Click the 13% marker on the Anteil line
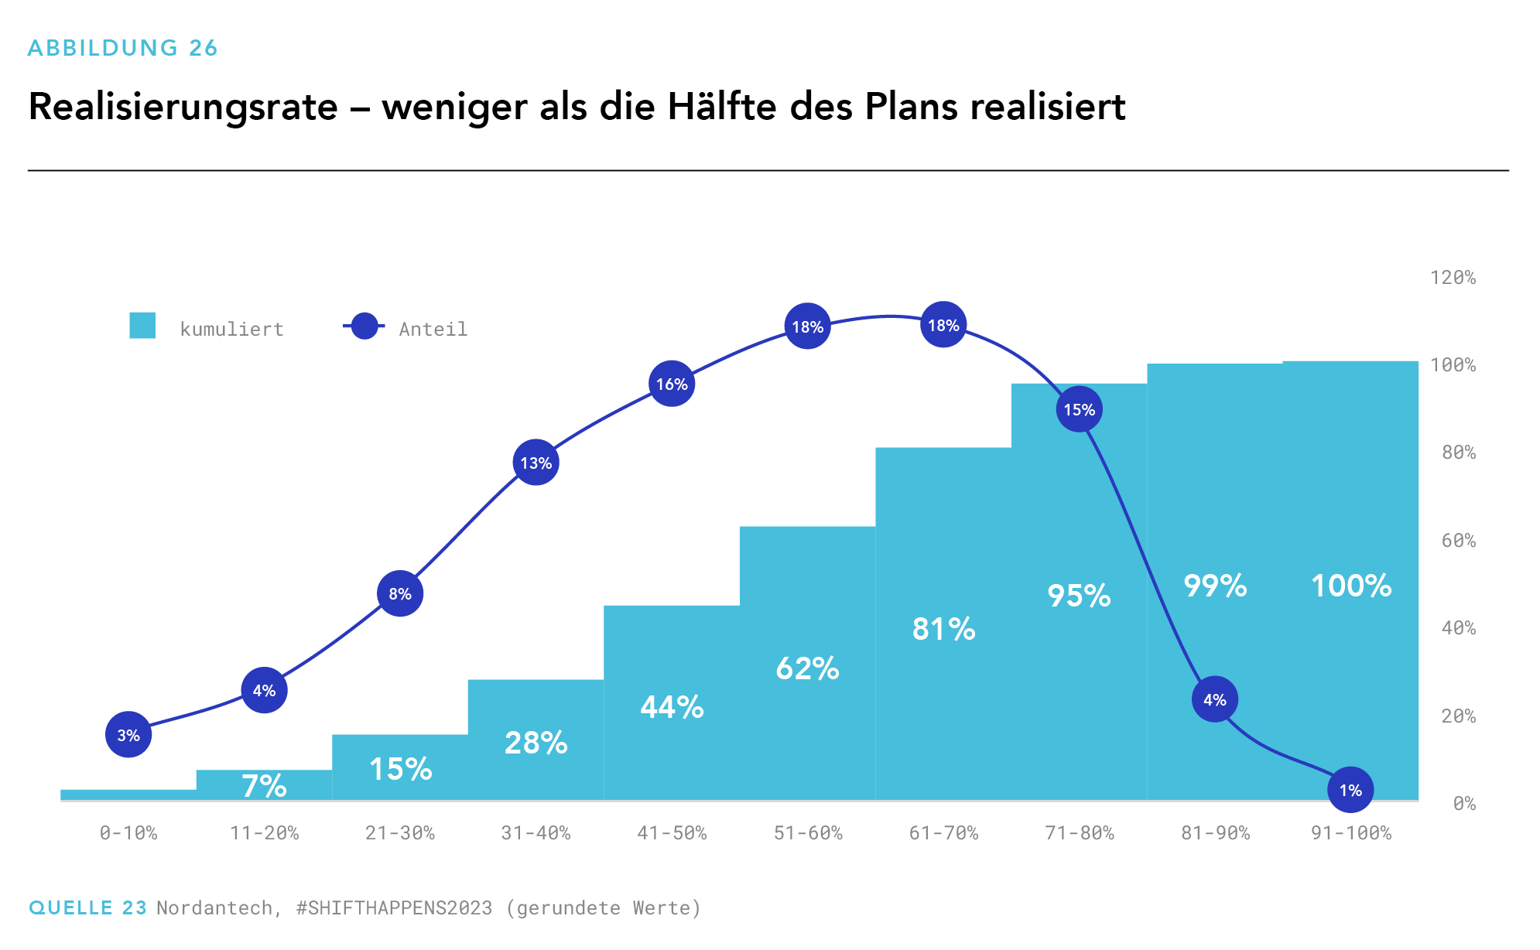coord(536,463)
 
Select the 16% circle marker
coord(672,384)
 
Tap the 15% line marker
coord(1079,409)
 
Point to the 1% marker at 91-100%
coord(1350,790)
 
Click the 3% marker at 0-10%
coord(128,735)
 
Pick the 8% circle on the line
coord(400,593)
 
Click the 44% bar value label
coord(672,707)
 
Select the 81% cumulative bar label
coord(943,629)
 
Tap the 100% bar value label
coord(1351,586)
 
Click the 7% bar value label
coord(264,786)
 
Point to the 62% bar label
coord(807,668)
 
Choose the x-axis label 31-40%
coord(536,833)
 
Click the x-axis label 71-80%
coord(1079,833)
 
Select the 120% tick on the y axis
coord(1453,278)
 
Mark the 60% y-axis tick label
coord(1458,541)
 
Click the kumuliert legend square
coord(142,326)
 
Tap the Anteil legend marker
coord(364,326)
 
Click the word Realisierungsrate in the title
coord(183,107)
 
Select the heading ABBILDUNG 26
coord(122,48)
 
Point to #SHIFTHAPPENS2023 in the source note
coord(394,907)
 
